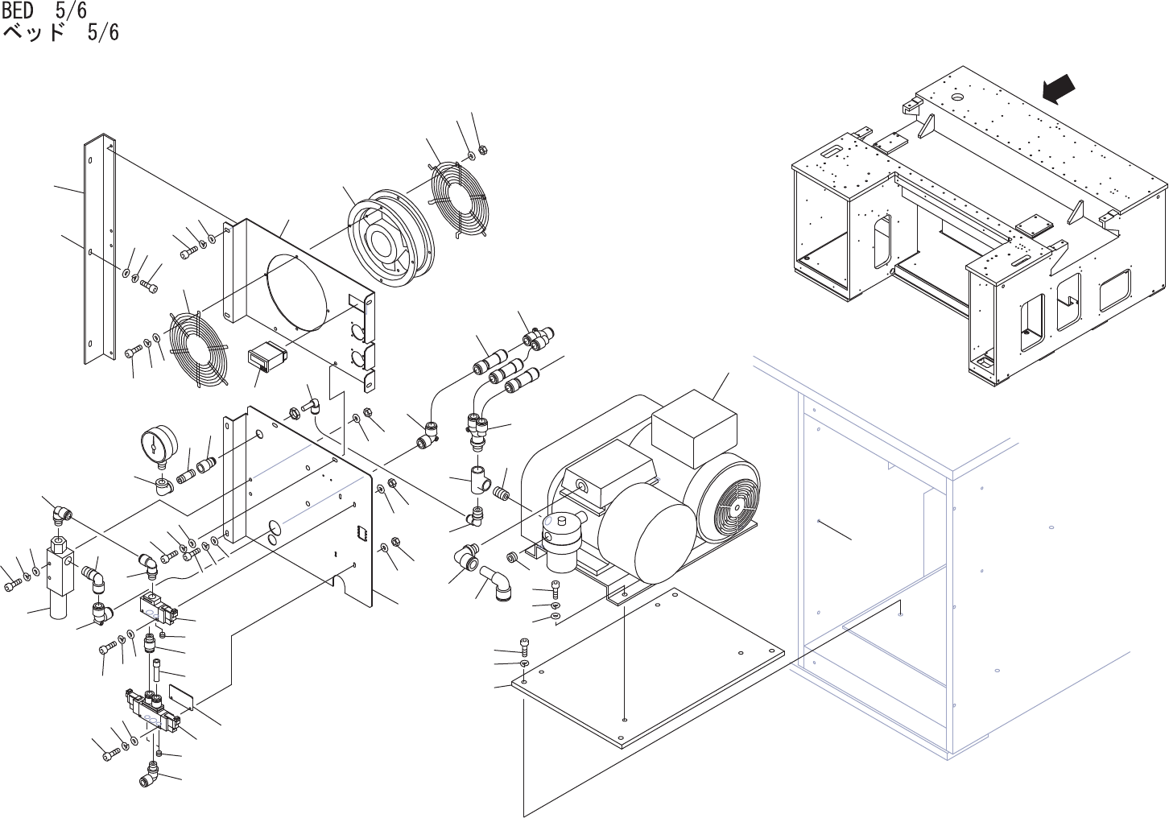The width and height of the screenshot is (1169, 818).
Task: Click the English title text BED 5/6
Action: click(44, 10)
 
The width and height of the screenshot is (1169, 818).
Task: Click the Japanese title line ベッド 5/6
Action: click(61, 33)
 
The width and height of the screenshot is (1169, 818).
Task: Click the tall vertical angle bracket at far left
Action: click(98, 250)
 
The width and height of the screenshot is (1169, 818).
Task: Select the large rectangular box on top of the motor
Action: click(694, 429)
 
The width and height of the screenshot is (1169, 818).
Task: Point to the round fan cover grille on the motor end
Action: click(728, 500)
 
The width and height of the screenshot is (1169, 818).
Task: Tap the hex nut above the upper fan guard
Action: click(483, 148)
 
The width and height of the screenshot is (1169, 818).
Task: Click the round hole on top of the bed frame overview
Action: click(957, 97)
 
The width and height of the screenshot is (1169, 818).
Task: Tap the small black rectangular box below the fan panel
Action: click(265, 357)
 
